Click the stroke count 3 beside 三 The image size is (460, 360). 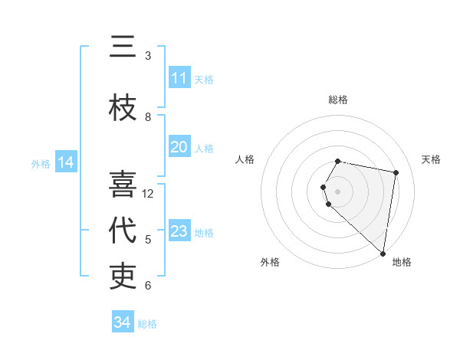148,56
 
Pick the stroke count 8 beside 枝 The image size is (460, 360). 148,117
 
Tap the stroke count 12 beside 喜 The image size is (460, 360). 148,194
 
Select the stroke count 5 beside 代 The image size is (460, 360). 148,240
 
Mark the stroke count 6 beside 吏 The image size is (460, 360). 148,286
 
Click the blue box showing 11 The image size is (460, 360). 179,78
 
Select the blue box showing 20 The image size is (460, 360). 179,147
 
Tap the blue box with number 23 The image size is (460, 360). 179,231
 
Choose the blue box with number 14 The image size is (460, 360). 66,162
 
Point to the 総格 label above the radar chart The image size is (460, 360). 338,100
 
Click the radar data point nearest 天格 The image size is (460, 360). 396,173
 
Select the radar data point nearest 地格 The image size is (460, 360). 383,253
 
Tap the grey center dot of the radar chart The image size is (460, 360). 338,190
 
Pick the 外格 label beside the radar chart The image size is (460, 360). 270,262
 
